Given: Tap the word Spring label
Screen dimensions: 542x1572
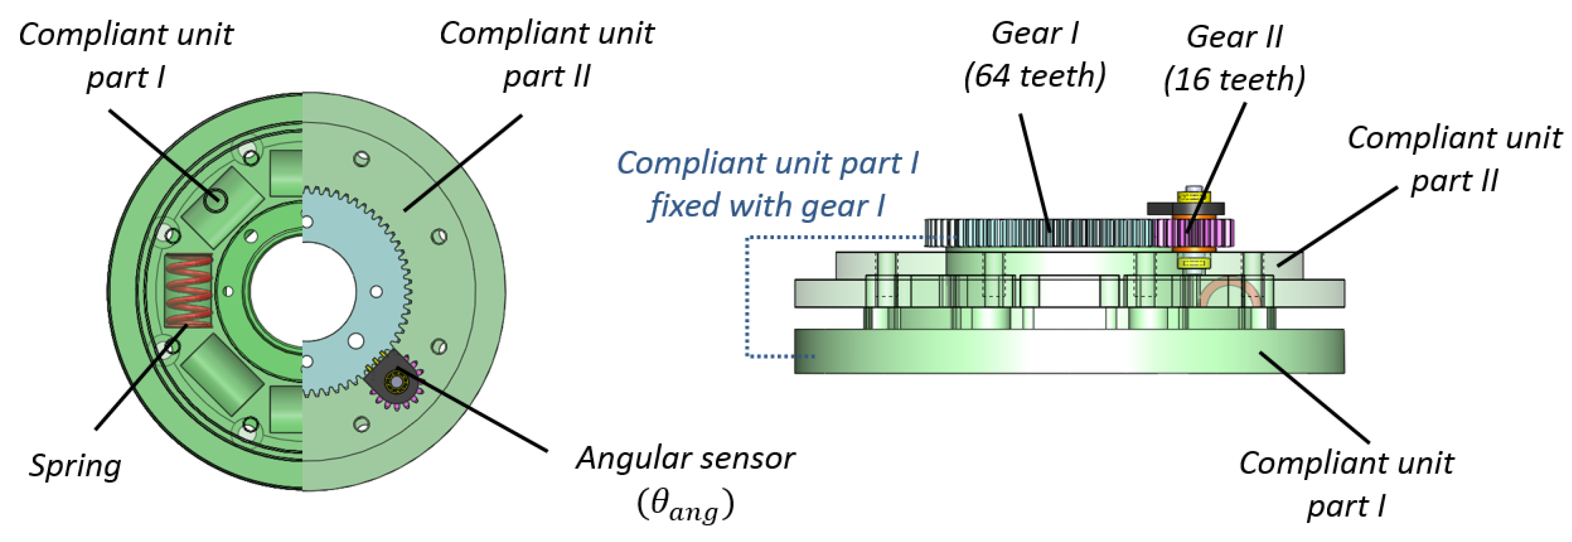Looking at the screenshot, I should pos(75,466).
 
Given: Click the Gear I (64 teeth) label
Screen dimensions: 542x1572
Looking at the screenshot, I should pos(1034,55).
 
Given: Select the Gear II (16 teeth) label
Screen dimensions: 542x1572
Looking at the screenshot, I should pos(1234,58).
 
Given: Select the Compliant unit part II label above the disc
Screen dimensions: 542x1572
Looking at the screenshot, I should pos(547,55).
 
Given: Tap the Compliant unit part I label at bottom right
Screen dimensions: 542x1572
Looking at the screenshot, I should pos(1346,485).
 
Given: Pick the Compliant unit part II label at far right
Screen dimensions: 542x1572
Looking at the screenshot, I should pos(1454,159).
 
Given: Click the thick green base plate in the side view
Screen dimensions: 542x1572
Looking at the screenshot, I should pos(1068,351).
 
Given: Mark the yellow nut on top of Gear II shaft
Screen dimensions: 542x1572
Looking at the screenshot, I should pos(1193,198).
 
